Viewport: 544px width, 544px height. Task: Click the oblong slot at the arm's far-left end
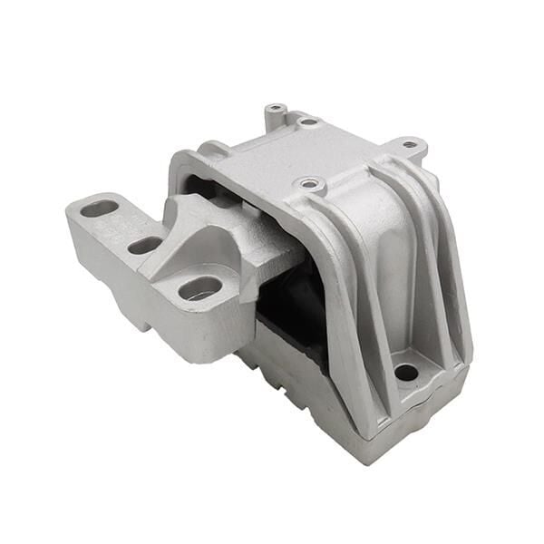click(x=99, y=209)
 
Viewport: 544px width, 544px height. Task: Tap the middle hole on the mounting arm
click(x=144, y=245)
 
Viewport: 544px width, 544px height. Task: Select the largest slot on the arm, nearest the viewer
click(x=199, y=288)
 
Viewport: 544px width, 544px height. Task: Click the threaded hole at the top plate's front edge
click(x=311, y=184)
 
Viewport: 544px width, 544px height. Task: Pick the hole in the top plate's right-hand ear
click(x=410, y=143)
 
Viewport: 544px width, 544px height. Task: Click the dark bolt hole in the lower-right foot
click(x=406, y=372)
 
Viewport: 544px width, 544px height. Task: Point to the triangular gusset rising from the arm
click(x=195, y=231)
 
